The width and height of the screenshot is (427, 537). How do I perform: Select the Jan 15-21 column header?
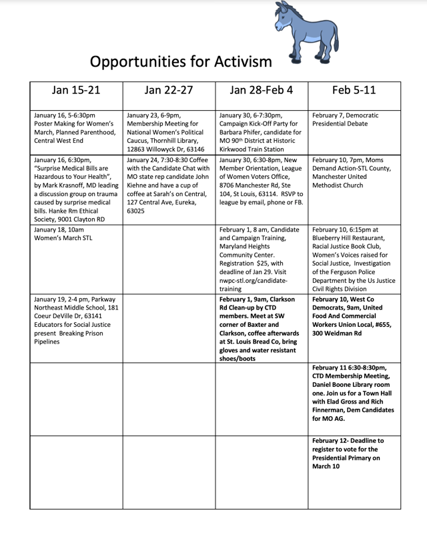click(x=76, y=90)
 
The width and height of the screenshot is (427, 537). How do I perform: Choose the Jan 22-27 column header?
click(x=169, y=90)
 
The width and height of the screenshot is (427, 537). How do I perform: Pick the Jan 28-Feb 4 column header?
click(x=261, y=90)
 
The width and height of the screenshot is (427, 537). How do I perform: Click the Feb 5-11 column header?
click(x=354, y=90)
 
